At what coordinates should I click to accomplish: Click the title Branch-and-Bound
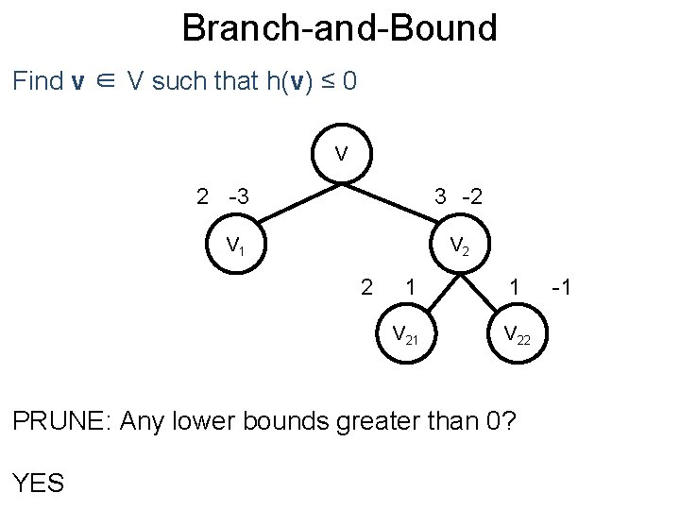click(x=339, y=27)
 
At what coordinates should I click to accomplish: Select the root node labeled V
click(x=340, y=153)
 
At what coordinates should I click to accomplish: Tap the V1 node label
click(x=235, y=246)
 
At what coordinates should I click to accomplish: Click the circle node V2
click(x=459, y=246)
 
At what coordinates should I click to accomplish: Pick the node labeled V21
click(x=405, y=333)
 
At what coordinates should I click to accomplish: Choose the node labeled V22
click(x=517, y=333)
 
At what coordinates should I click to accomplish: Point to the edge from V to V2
click(x=401, y=200)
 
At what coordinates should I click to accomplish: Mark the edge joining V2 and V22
click(x=488, y=292)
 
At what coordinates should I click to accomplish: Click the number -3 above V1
click(x=239, y=197)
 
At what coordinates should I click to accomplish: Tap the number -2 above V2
click(x=471, y=197)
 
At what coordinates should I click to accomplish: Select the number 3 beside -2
click(x=440, y=197)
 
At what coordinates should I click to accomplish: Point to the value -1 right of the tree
click(x=559, y=286)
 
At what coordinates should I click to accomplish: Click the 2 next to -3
click(x=202, y=197)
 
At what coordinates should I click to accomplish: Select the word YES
click(x=39, y=484)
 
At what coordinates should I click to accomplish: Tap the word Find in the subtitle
click(x=37, y=81)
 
